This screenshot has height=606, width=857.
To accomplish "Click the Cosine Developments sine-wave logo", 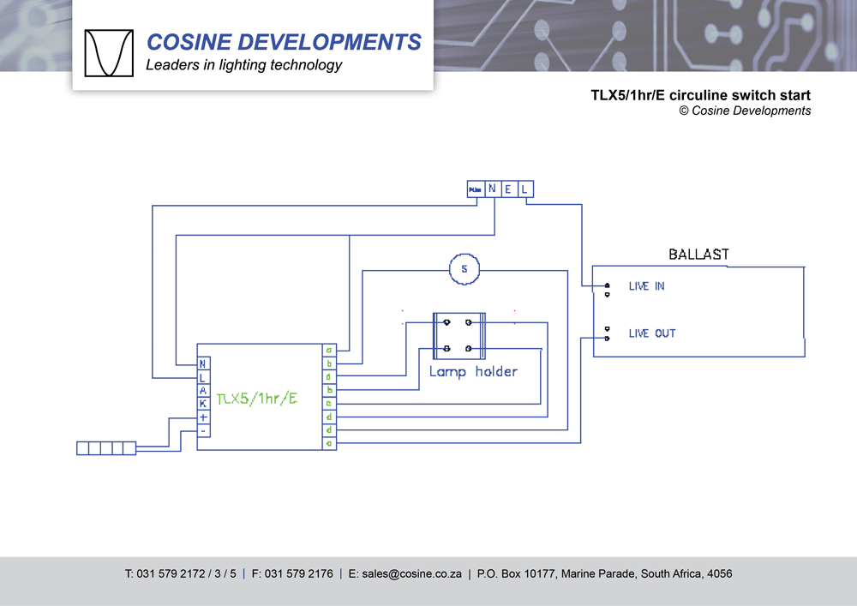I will click(x=109, y=53).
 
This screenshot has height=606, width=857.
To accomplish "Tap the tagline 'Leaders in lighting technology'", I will click(x=244, y=65).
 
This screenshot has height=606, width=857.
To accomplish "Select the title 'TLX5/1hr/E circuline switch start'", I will click(x=700, y=95).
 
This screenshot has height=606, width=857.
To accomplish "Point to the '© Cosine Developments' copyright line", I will click(x=745, y=111).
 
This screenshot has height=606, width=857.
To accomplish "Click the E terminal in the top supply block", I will click(x=508, y=189).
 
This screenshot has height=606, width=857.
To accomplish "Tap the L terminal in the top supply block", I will click(x=524, y=189).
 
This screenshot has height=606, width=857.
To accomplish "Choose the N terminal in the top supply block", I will click(x=492, y=189).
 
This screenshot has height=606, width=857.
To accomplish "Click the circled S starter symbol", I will click(x=464, y=269).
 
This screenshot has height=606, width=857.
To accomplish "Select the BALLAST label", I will click(x=698, y=255).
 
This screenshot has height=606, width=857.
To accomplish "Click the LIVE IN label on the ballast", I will click(x=646, y=286).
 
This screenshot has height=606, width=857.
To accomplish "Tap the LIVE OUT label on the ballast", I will click(x=651, y=333).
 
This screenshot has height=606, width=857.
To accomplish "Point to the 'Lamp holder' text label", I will click(x=473, y=372).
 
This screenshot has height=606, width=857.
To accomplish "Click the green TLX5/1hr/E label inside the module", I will click(x=256, y=399).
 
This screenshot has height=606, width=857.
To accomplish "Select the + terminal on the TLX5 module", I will click(x=203, y=417).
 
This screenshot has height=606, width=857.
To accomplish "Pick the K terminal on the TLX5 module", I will click(x=203, y=403).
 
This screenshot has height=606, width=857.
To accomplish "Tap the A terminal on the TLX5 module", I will click(x=203, y=390).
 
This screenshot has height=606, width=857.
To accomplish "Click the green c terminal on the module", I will click(x=329, y=403).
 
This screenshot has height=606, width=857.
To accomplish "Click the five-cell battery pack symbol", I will click(x=106, y=447).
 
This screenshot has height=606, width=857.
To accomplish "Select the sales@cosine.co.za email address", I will click(x=405, y=574).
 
